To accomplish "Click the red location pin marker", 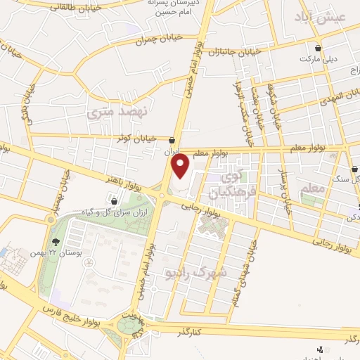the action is [181, 166].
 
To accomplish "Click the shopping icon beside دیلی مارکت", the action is [319, 49].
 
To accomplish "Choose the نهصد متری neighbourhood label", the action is [110, 110].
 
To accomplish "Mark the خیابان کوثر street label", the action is [147, 137].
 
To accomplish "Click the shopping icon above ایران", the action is [173, 139].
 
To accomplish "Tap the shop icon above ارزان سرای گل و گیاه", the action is [114, 202].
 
